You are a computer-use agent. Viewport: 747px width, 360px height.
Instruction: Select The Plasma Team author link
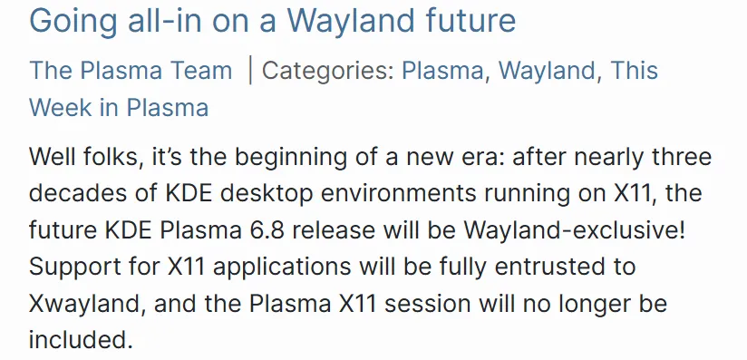tap(131, 70)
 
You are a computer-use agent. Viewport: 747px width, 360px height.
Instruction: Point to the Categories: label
tap(327, 70)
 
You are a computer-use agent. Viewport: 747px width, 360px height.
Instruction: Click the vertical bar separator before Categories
tap(250, 70)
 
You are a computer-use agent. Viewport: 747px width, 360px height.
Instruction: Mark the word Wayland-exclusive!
tap(587, 230)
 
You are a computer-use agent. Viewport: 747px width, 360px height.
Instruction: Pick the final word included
tap(79, 341)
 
